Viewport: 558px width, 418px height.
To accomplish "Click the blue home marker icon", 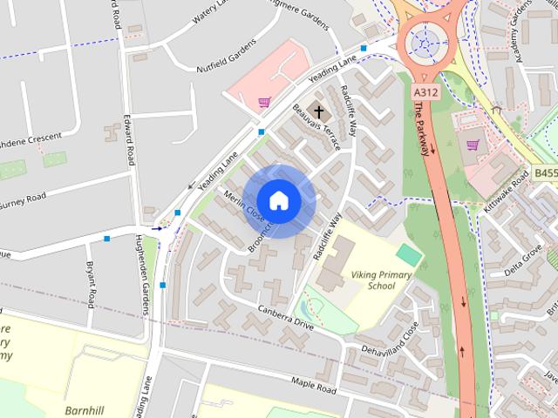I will (278, 200).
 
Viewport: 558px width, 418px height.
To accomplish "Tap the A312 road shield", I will (425, 91).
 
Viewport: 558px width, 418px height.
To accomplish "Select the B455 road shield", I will (545, 173).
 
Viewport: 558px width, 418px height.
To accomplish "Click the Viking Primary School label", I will (381, 279).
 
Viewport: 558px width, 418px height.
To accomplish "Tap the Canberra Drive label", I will (286, 317).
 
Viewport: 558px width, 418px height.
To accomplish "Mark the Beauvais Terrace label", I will (317, 128).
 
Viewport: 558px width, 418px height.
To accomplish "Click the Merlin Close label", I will (243, 206).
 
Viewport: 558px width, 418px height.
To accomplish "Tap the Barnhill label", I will (85, 409).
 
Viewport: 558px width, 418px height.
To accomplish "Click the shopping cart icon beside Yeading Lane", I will (264, 103).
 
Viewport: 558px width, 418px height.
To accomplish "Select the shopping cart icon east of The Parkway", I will (473, 145).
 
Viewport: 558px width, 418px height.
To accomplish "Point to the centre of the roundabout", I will (426, 41).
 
